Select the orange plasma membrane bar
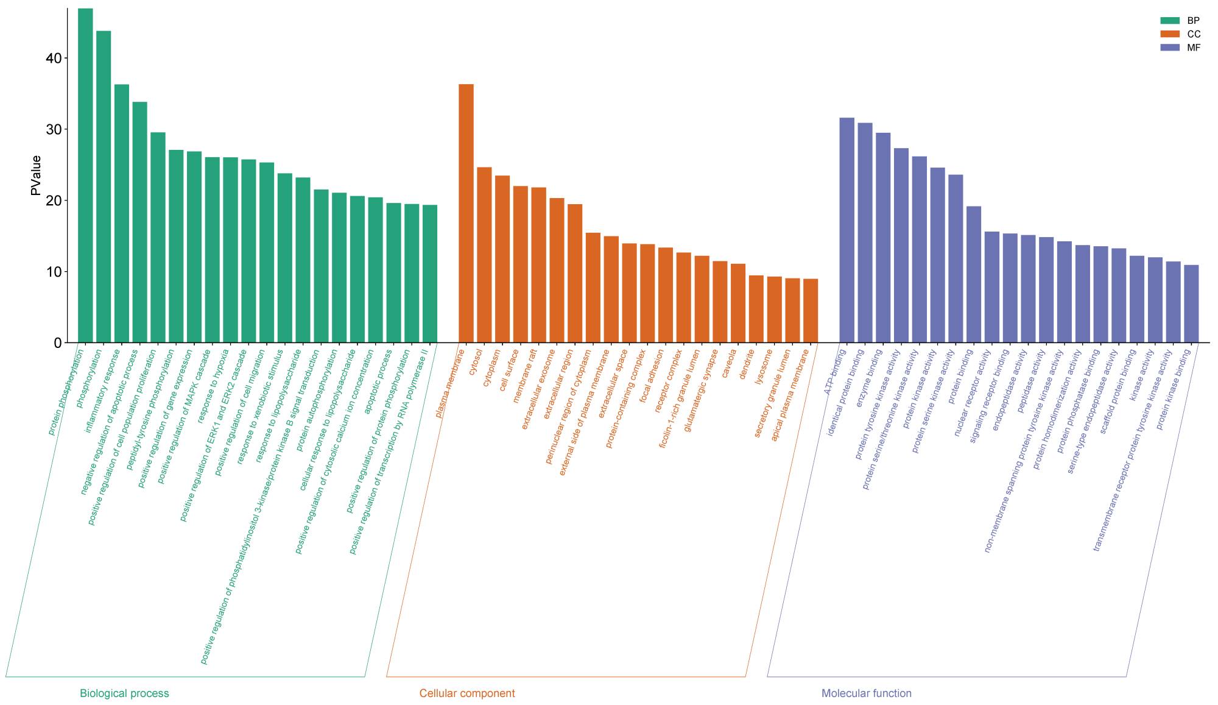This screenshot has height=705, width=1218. [x=466, y=213]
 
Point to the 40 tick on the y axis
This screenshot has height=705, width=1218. [x=54, y=58]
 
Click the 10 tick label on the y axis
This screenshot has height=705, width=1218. [x=54, y=272]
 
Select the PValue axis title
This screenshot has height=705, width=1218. [x=36, y=175]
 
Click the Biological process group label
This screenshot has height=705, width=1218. [x=124, y=693]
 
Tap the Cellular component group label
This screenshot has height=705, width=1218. [x=467, y=693]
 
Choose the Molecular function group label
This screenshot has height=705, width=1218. [x=866, y=693]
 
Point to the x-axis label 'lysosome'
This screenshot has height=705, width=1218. [x=764, y=367]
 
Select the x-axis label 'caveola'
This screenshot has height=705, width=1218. [x=729, y=363]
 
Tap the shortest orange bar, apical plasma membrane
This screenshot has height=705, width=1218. [x=811, y=311]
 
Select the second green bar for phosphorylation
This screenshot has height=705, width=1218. [x=104, y=186]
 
